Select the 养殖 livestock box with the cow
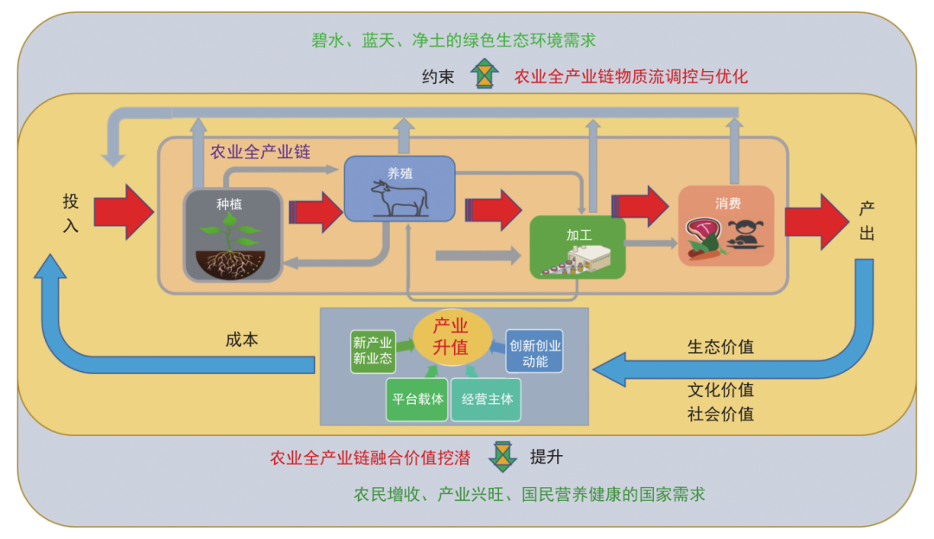pos(400,188)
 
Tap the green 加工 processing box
pos(577,247)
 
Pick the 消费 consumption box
pos(726,226)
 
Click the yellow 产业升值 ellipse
pos(451,337)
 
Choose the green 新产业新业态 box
pos(373,351)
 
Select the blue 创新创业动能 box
pos(534,351)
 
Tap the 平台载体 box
pos(417,399)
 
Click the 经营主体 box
pos(486,399)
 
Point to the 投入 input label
pos(71,212)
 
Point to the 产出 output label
pos(867,220)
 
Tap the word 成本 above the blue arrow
pos(241,339)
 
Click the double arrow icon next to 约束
pos(484,74)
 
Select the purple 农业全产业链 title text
pos(260,151)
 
